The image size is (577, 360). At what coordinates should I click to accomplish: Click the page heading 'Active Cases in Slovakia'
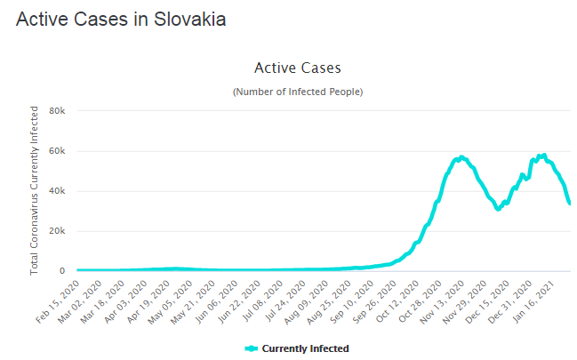121,19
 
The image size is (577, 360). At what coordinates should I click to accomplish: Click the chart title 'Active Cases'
297,68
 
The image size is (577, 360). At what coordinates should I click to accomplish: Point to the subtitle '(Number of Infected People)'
297,92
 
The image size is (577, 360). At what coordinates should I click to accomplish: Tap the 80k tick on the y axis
58,111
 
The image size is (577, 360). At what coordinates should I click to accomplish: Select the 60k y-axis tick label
58,151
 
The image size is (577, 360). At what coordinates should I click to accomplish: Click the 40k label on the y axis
58,191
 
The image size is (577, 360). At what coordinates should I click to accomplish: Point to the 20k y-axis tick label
58,231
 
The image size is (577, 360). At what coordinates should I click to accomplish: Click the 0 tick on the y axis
63,271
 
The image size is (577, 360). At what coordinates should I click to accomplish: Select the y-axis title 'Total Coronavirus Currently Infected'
36,190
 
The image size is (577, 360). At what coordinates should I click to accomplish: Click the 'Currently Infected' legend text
305,348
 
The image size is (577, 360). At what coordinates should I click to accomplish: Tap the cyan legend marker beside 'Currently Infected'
251,348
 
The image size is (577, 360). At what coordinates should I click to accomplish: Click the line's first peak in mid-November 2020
461,156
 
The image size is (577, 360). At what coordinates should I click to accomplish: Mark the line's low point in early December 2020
499,209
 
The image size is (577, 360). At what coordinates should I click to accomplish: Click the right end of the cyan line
570,204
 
